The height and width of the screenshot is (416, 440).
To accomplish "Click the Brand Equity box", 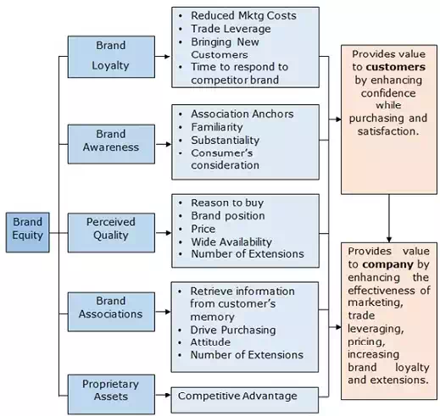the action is click(x=28, y=232).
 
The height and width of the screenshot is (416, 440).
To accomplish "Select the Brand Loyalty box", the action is click(x=111, y=57).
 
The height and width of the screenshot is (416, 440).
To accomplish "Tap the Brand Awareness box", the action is click(x=111, y=144).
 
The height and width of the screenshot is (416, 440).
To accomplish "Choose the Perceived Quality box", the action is click(x=111, y=233).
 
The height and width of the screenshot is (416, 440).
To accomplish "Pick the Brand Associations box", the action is click(x=111, y=312).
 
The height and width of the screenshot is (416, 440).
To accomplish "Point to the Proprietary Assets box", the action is click(x=111, y=395).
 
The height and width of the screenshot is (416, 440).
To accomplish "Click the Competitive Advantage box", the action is click(x=245, y=400).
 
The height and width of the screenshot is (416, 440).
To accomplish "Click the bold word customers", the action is click(x=396, y=67).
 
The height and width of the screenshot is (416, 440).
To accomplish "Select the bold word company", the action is click(x=388, y=264).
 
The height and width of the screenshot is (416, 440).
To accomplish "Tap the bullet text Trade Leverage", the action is click(x=231, y=29).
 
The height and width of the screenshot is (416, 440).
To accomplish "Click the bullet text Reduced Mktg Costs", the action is click(x=243, y=16).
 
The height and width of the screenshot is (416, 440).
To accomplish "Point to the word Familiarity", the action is click(x=217, y=127).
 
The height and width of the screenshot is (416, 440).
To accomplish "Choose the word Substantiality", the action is click(x=226, y=141).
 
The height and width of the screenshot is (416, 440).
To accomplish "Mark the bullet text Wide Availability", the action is click(x=231, y=242).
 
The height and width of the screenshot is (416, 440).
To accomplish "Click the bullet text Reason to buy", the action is click(x=227, y=202).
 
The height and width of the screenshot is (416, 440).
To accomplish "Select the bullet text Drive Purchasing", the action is click(x=233, y=330).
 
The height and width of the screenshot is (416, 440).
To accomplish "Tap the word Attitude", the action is click(x=210, y=342).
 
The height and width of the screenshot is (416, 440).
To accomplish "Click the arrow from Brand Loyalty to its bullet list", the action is click(x=163, y=57).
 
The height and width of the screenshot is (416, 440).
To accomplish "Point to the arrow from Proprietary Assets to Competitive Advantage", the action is click(x=163, y=395).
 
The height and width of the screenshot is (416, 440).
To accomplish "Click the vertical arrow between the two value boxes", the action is click(x=389, y=219).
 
